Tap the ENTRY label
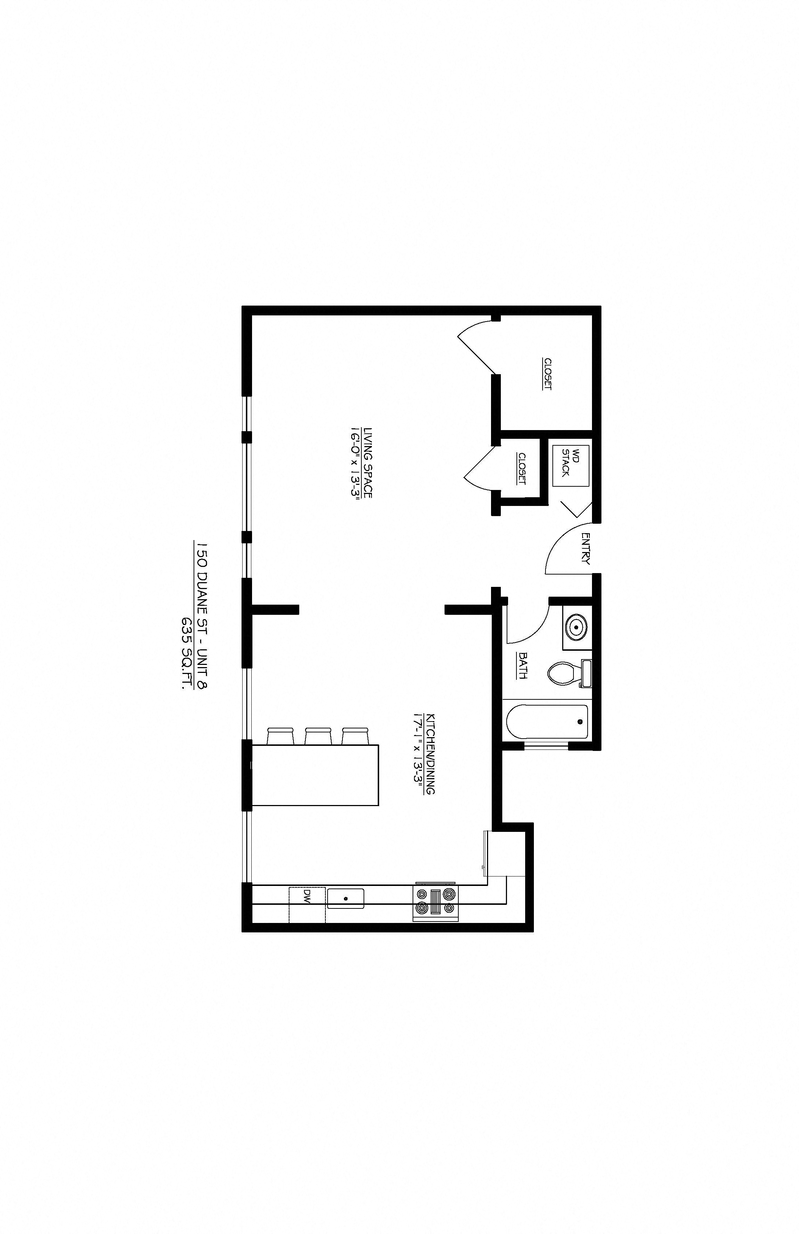point(586,548)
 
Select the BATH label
point(523,666)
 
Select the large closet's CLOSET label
point(547,374)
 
